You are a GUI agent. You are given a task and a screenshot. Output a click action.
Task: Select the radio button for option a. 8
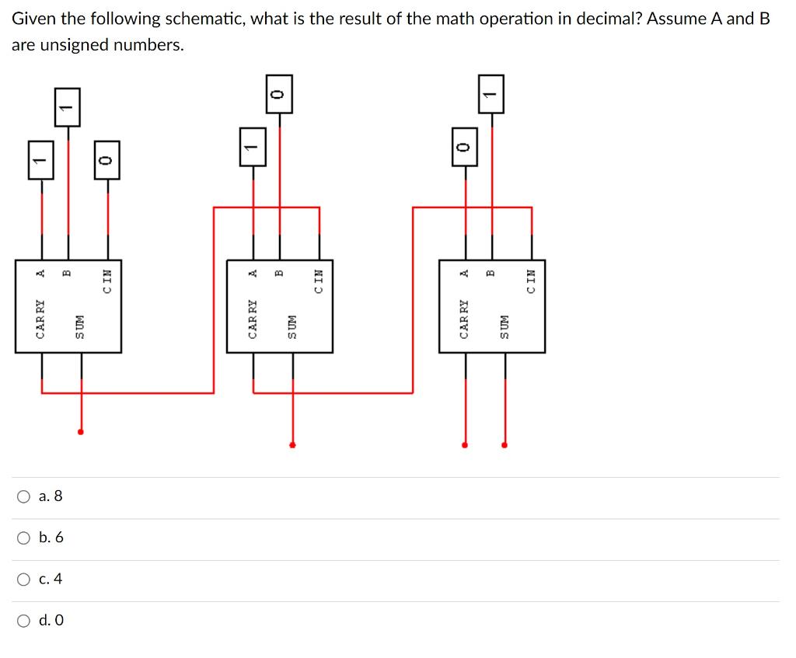tap(25, 496)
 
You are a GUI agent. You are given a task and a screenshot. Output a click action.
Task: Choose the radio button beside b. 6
tap(25, 538)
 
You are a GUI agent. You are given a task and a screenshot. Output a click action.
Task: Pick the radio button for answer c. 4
tap(25, 579)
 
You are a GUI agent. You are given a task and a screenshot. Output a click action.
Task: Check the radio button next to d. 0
tap(25, 621)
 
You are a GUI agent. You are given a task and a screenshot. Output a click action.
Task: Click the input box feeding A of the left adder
tap(41, 160)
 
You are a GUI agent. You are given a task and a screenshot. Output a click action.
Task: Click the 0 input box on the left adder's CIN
tap(107, 160)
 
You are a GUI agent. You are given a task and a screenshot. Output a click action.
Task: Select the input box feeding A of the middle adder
tap(252, 147)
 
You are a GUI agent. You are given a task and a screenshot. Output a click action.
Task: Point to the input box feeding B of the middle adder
tap(280, 94)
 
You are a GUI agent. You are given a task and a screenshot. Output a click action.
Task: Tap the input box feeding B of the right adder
tap(491, 94)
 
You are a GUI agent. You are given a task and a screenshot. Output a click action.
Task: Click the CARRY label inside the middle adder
tap(253, 319)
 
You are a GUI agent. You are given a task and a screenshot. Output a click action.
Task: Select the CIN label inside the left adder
tap(107, 281)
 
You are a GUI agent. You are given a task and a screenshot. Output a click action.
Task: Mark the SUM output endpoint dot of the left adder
tap(81, 432)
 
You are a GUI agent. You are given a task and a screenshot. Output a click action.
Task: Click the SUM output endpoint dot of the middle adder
tap(292, 445)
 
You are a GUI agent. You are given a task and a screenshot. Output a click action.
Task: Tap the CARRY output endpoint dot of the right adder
tap(465, 445)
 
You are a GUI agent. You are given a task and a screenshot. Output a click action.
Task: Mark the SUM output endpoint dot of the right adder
tap(504, 445)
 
